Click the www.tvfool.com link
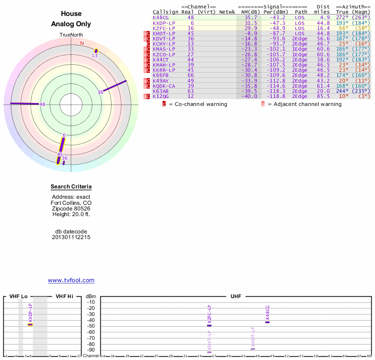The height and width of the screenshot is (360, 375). coord(71,280)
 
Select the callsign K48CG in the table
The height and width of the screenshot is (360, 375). coord(160,17)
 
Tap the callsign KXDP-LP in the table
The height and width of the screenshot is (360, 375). coord(164,22)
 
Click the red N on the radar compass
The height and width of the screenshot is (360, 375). coord(82,43)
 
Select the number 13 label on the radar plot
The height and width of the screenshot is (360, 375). coord(94,55)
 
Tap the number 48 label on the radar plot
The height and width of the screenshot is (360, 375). coord(42,104)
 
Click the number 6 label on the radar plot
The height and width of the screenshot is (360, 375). coord(64,135)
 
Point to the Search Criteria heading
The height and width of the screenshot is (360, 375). coord(71,187)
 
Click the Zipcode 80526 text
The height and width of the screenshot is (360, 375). coord(71,209)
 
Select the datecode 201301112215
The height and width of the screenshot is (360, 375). coord(71,237)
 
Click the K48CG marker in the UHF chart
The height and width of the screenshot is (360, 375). coord(268,322)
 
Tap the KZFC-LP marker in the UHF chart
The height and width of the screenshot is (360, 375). coord(210,325)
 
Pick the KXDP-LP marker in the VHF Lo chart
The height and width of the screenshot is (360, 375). coord(30,324)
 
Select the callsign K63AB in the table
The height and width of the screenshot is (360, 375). coord(160,91)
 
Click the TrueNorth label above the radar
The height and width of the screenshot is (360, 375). coord(71,35)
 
